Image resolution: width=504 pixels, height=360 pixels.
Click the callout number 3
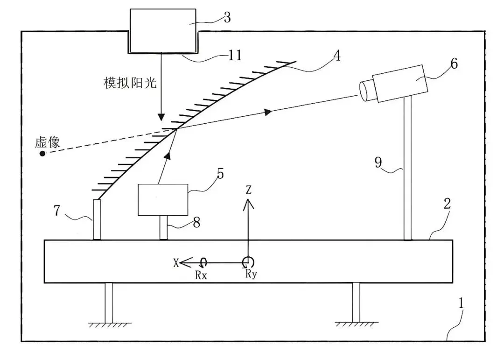click(x=227, y=17)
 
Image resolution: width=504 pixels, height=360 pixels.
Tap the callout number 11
click(x=235, y=56)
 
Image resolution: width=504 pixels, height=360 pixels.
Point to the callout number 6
click(x=454, y=64)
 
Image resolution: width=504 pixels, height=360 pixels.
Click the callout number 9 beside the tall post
click(x=378, y=162)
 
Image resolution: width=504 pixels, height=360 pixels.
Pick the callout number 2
click(x=447, y=203)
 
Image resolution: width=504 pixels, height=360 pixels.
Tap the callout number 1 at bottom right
click(x=461, y=304)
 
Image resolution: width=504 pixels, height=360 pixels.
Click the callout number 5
click(x=220, y=174)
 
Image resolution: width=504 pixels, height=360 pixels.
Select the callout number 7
click(x=56, y=211)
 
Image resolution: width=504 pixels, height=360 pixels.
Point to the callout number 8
click(x=196, y=222)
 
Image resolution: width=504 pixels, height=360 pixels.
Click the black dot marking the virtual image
click(x=42, y=154)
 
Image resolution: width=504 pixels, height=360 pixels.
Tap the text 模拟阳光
click(x=130, y=83)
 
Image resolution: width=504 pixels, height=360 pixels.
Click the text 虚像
click(x=48, y=142)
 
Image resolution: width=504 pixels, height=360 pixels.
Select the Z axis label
click(x=248, y=190)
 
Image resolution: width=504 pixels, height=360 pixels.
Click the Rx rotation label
click(x=201, y=275)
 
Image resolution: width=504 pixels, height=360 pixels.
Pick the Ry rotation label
click(x=251, y=274)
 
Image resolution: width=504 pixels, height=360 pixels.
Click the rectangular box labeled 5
click(x=163, y=200)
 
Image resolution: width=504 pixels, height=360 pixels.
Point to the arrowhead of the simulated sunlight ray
click(x=161, y=117)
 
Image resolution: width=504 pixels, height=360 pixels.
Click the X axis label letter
click(x=176, y=263)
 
